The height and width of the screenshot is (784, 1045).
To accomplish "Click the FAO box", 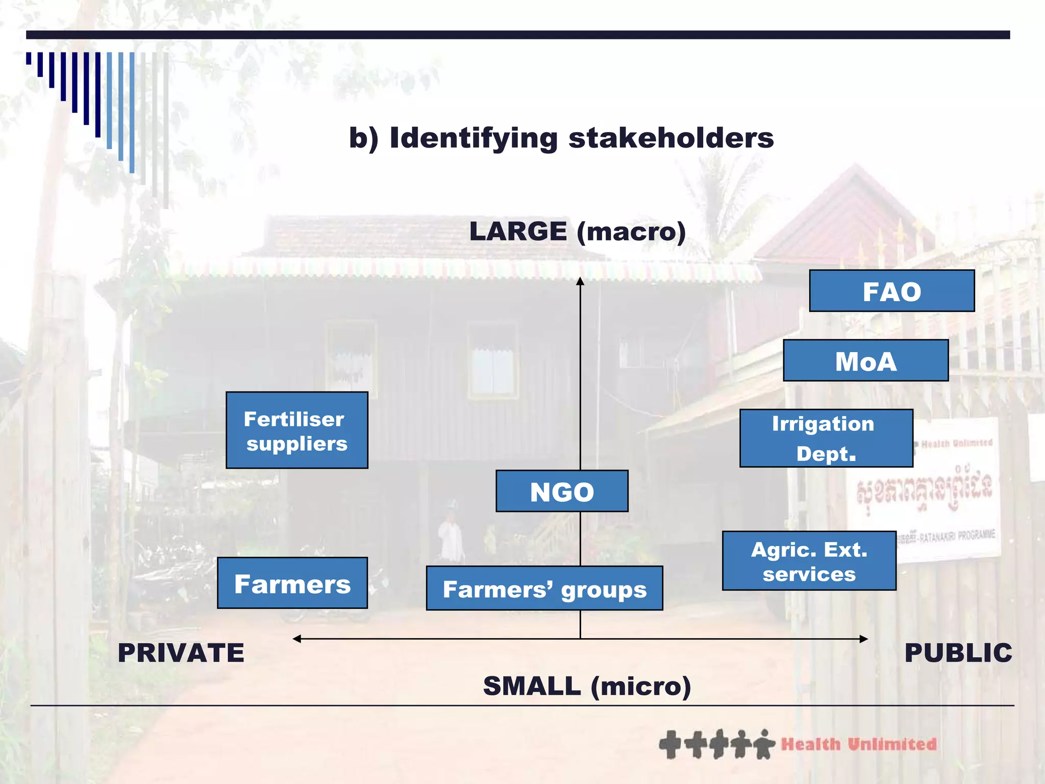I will tap(891, 291).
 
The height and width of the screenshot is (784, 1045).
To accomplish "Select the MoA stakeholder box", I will tap(865, 360).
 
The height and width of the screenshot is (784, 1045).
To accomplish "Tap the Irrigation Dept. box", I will tap(826, 438).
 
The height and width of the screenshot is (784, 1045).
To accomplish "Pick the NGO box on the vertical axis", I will tap(562, 491).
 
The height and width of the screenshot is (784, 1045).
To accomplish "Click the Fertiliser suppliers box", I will tap(296, 430).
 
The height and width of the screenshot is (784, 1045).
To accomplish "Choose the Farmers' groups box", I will tap(544, 588).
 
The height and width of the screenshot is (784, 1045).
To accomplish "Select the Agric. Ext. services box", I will tap(809, 561).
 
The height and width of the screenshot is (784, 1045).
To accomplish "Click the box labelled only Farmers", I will tap(292, 583).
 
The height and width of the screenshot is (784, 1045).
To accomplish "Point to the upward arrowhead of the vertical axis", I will tap(580, 281).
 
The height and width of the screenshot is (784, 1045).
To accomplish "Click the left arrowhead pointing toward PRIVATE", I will tap(297, 639).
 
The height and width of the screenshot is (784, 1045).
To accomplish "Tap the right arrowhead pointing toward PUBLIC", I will tap(863, 639).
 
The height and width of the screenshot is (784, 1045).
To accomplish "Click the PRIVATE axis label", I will tap(181, 653).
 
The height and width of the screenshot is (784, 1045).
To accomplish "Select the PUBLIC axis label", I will tap(958, 653).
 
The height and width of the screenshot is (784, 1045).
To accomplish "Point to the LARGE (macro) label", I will tap(577, 231).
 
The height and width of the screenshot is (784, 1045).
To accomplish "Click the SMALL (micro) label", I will tap(587, 686).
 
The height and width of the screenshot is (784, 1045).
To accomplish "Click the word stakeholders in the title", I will tap(671, 138).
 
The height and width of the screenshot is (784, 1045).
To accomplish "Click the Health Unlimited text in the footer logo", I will tap(859, 744).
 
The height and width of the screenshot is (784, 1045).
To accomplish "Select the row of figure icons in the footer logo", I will tap(716, 744).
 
